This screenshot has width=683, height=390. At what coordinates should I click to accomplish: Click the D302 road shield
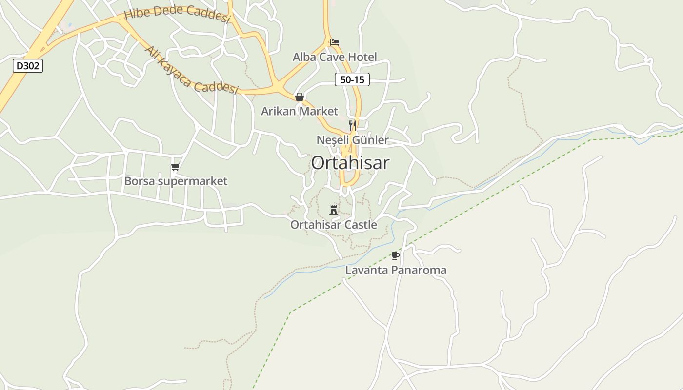click(x=28, y=65)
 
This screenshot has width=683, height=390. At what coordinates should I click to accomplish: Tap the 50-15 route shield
click(x=352, y=79)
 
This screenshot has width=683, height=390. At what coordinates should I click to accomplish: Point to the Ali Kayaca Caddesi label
click(x=191, y=70)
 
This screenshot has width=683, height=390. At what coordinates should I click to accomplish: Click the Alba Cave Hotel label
click(x=335, y=57)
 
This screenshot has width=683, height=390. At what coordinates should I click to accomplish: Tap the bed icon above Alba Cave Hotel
click(x=335, y=42)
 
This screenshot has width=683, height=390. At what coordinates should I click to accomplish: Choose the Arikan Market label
click(x=300, y=111)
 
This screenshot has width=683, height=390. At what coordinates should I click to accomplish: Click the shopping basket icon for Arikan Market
click(x=300, y=97)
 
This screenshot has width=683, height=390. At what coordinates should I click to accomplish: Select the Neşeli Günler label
click(x=353, y=140)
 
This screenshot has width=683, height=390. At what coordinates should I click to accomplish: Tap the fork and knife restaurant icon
click(x=352, y=125)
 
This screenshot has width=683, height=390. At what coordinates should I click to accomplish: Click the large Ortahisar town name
click(x=350, y=163)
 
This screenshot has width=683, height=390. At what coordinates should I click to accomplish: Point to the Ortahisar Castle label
click(x=334, y=225)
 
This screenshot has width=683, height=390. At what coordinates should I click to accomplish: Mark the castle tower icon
click(x=334, y=210)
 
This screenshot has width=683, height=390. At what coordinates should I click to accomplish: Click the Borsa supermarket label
click(x=176, y=181)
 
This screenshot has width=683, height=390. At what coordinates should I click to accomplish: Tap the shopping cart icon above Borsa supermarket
click(x=176, y=167)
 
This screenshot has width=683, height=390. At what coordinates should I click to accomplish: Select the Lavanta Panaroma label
click(x=396, y=270)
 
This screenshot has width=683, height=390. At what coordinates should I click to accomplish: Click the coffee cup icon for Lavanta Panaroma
click(x=396, y=255)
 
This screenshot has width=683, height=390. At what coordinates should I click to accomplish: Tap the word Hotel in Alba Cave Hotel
click(x=362, y=57)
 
